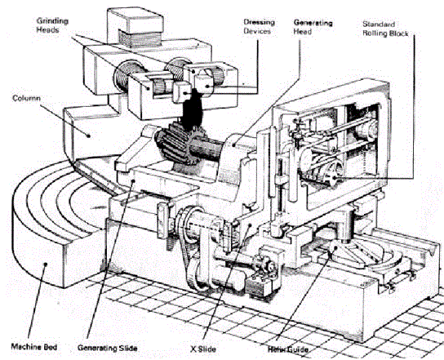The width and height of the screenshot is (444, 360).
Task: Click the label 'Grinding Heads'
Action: coord(52,25)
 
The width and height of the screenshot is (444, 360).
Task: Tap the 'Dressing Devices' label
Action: coord(259,27)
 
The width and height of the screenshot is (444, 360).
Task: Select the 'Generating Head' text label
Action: coord(313,27)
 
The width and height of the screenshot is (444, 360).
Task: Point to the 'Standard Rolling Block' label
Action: coord(385,29)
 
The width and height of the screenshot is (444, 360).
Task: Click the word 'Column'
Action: coord(26,98)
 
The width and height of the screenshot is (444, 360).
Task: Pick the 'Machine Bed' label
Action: coord(34,347)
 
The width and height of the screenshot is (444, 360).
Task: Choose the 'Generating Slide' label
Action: coord(107,348)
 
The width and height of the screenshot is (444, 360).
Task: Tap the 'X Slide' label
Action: coord(203,349)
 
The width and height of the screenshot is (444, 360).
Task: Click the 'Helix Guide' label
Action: coord(287,349)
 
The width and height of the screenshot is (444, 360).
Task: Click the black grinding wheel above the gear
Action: coord(191,109)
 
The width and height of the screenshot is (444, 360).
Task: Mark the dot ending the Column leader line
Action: coord(89,136)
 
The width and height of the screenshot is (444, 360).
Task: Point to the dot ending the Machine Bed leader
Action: coord(45,264)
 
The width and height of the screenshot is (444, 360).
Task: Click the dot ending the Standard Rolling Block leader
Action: coord(335,177)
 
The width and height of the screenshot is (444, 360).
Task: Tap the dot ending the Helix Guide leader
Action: coord(335,247)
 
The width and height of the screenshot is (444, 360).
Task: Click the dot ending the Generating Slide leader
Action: coord(133,180)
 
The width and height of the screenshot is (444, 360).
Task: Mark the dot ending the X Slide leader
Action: coord(250,225)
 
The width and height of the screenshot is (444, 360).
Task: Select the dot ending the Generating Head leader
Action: coord(234,144)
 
